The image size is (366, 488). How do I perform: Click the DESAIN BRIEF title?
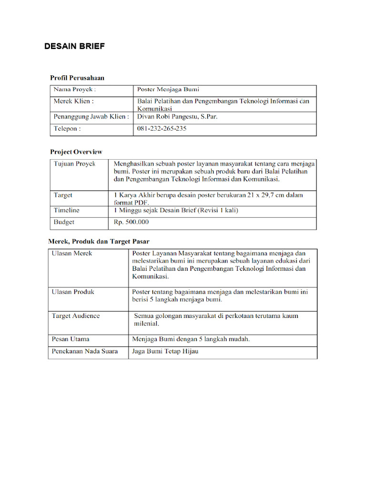74,46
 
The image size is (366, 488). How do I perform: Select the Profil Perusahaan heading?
77,77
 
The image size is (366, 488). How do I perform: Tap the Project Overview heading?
76,152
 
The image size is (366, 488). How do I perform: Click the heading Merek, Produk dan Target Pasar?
99,241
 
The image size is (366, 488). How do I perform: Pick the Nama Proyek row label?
74,89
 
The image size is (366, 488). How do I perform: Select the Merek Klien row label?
73,101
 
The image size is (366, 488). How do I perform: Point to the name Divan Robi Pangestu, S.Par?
177,116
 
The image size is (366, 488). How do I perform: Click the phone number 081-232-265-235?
162,129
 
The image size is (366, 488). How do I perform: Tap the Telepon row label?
67,129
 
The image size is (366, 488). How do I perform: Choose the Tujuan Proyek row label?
74,163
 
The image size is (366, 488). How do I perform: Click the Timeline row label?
67,210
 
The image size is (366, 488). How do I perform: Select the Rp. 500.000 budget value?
131,222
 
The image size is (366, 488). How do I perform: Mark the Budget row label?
64,222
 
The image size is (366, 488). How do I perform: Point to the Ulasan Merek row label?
72,253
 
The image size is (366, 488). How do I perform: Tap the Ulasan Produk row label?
73,292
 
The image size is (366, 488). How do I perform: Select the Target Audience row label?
76,315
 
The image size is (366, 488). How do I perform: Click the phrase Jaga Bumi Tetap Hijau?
165,351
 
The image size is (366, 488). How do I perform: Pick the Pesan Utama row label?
71,339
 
